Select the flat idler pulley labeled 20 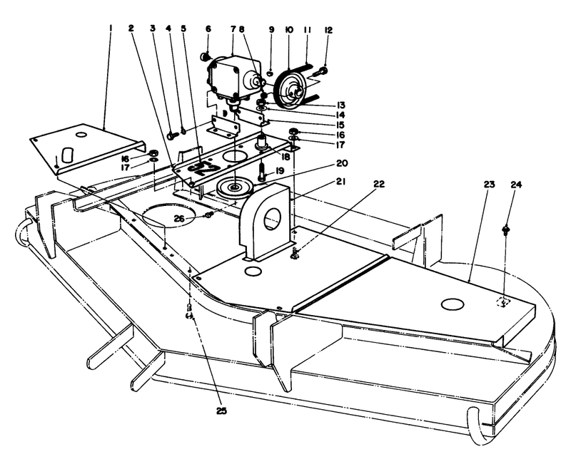(233, 188)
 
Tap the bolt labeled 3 (171, 134)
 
